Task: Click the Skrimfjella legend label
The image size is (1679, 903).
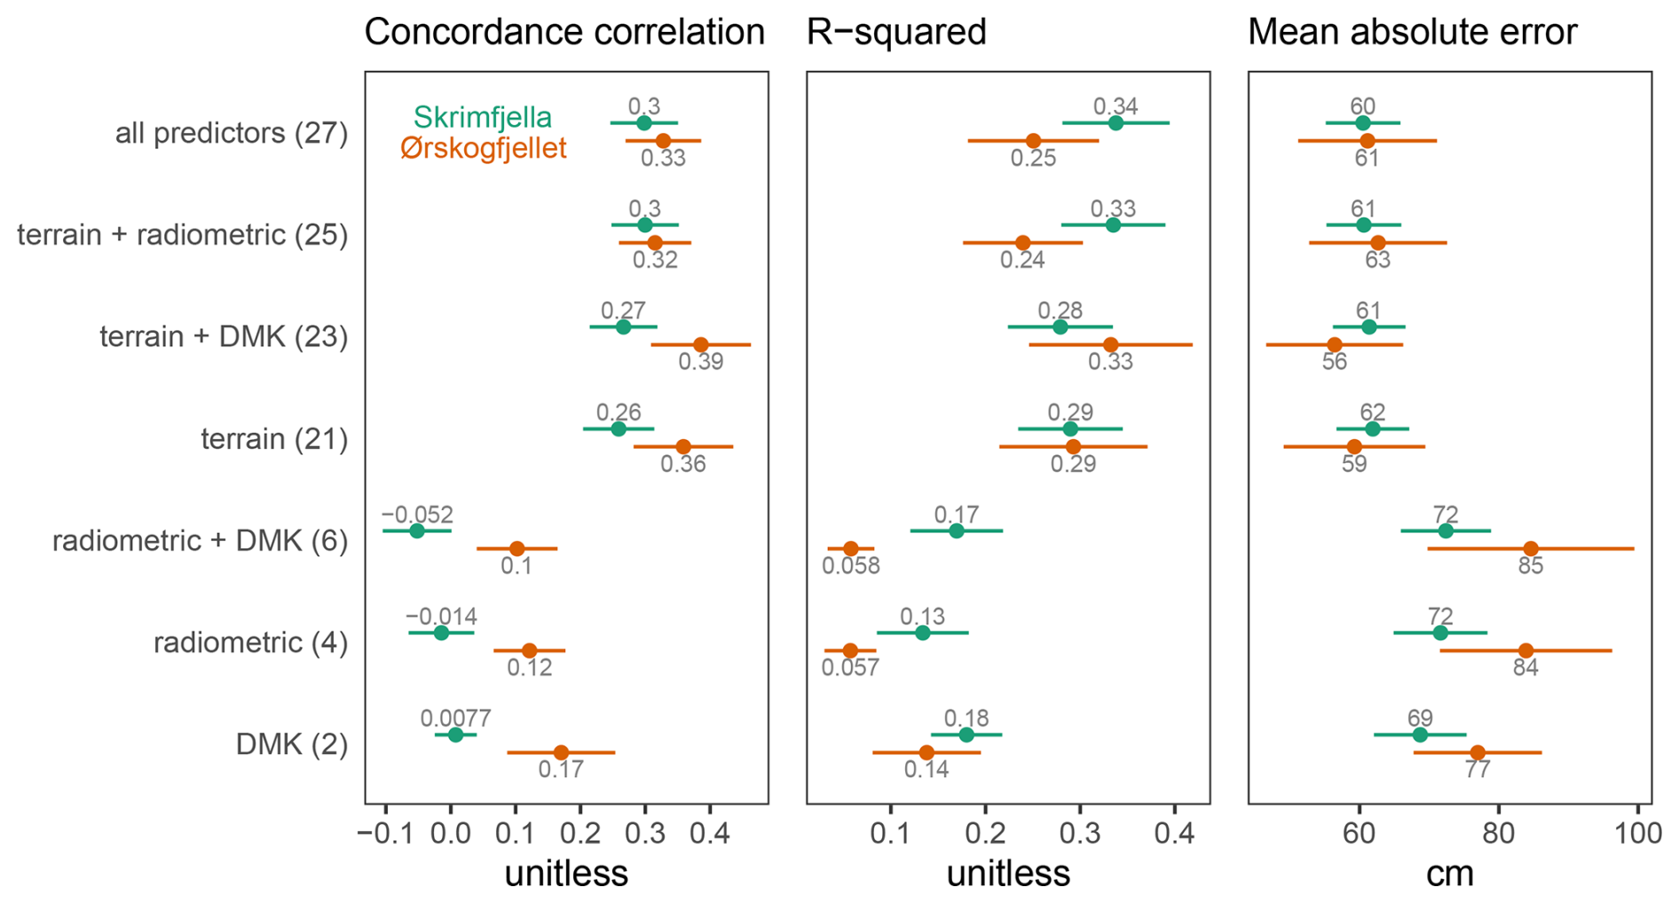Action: (x=482, y=118)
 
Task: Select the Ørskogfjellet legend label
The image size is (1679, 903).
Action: (x=483, y=148)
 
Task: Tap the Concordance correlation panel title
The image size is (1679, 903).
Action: (x=564, y=33)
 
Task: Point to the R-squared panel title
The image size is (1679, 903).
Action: (x=896, y=33)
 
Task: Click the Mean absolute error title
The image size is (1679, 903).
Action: (x=1412, y=33)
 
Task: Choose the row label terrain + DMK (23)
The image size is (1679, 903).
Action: (x=224, y=337)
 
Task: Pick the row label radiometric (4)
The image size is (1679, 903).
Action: (x=250, y=642)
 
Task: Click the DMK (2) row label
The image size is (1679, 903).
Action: (x=292, y=744)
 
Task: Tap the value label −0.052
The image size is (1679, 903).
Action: (x=417, y=514)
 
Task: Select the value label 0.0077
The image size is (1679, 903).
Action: (x=455, y=718)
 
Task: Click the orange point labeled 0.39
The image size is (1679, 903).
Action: (x=700, y=345)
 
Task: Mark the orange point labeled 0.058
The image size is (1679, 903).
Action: (x=851, y=549)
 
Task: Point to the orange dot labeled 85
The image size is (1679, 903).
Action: (x=1531, y=549)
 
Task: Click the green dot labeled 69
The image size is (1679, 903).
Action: (x=1420, y=735)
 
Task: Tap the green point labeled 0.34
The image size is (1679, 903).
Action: (x=1115, y=123)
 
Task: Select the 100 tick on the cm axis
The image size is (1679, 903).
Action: (x=1638, y=835)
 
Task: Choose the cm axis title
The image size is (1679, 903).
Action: (x=1449, y=875)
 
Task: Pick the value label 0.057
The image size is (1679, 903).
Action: (x=850, y=668)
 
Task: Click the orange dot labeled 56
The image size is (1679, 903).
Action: (x=1335, y=345)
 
